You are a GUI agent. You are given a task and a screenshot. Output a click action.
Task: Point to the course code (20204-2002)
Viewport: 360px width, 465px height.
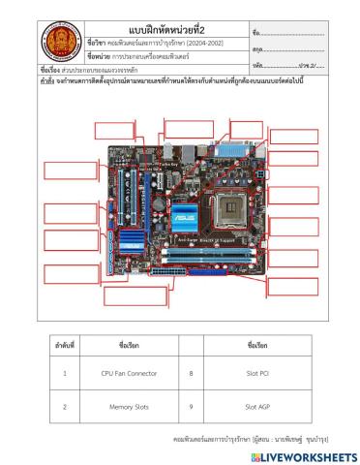tap(203, 43)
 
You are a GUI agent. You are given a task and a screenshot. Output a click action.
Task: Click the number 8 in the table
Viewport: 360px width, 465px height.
tap(191, 372)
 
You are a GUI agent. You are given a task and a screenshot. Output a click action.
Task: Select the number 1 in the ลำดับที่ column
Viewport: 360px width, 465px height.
tap(64, 372)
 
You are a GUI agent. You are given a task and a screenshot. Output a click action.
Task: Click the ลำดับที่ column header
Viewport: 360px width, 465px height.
tap(64, 344)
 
